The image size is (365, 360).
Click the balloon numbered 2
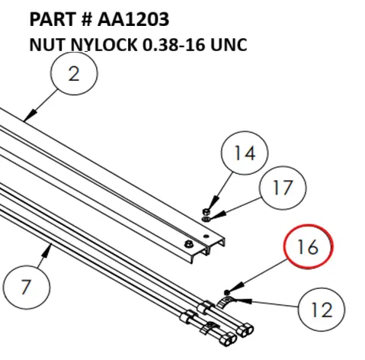74,74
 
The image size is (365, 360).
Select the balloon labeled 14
245,153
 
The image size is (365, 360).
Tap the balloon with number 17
281,188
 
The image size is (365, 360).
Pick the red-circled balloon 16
309,246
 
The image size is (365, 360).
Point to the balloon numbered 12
322,309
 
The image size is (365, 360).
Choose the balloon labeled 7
26,288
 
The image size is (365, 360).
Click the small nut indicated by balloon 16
228,291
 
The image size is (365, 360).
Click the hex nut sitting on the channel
187,243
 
